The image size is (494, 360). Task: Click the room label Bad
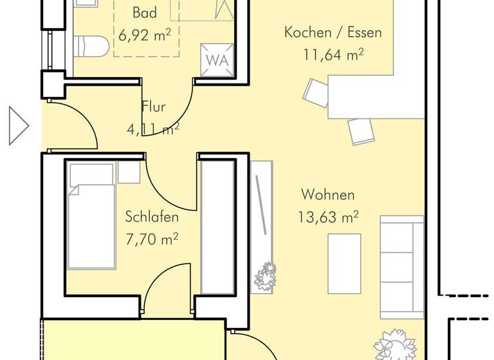145,12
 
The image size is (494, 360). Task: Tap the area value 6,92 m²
144,35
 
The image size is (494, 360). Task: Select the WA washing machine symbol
217,60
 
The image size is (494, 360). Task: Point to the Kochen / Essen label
333,32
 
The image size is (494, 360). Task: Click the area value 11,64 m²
333,55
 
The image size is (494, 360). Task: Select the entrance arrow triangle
18,125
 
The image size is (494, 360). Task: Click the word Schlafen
152,217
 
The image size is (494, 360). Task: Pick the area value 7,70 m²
152,240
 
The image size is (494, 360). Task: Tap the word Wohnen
327,195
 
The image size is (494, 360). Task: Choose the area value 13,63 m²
328,217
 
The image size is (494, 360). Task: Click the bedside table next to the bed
129,172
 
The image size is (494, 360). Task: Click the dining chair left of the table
316,92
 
